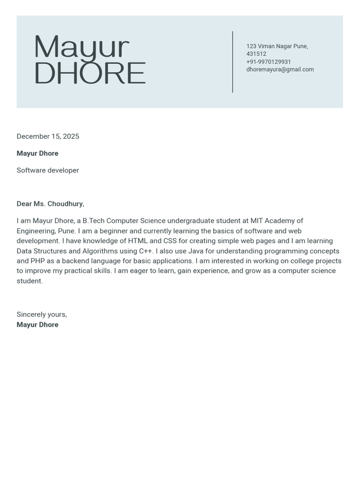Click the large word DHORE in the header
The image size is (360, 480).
click(x=90, y=73)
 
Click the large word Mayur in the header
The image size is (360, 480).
click(x=82, y=47)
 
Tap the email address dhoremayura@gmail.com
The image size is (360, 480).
click(x=280, y=69)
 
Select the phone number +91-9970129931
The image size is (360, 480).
click(x=269, y=62)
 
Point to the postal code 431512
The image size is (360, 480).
click(x=256, y=54)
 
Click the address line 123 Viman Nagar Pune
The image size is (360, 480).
click(x=277, y=46)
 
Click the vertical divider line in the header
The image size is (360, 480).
click(x=232, y=62)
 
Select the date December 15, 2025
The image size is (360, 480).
click(x=48, y=136)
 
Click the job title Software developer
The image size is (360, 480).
click(x=48, y=170)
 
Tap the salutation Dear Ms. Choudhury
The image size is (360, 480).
click(x=50, y=204)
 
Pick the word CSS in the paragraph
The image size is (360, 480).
click(x=170, y=241)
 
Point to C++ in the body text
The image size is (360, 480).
click(x=146, y=251)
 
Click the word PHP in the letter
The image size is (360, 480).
click(x=37, y=261)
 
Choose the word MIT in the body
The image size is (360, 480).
click(x=256, y=221)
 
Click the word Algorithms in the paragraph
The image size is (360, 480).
click(x=100, y=251)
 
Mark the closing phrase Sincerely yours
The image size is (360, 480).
click(x=42, y=315)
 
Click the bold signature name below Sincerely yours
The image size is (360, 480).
click(x=37, y=325)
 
